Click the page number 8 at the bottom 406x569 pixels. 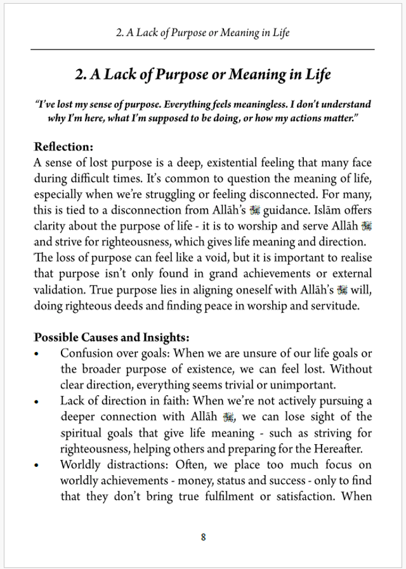203,537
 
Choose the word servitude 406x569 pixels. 336,306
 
